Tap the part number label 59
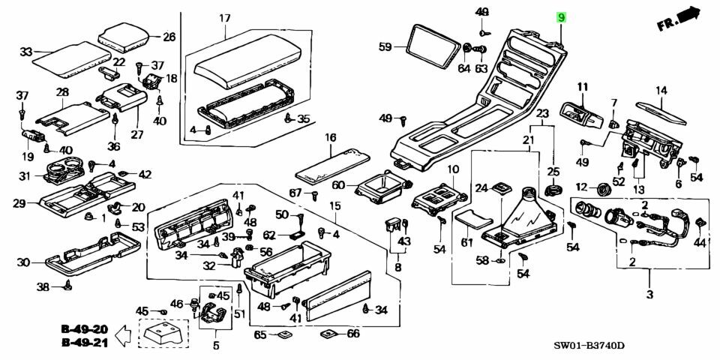point(385,47)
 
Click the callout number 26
point(169,37)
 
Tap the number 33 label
point(25,52)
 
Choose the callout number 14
point(661,91)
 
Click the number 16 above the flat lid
point(330,137)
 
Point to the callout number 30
point(23,262)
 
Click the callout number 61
point(467,241)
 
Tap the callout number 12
point(581,187)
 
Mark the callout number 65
point(260,334)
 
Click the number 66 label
point(353,334)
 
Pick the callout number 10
point(452,169)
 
